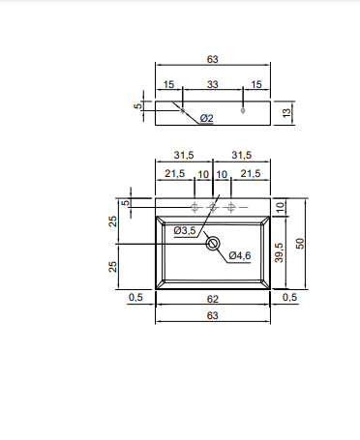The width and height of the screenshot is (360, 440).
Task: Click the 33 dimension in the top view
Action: pyautogui.click(x=213, y=84)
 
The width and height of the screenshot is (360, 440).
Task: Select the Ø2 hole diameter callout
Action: pyautogui.click(x=207, y=118)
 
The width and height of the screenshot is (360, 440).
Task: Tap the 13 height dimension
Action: pyautogui.click(x=286, y=113)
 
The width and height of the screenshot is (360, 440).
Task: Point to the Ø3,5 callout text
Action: pyautogui.click(x=185, y=231)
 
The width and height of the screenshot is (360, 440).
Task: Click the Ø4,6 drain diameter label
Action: pyautogui.click(x=240, y=255)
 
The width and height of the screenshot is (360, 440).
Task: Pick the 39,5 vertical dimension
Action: pyautogui.click(x=280, y=252)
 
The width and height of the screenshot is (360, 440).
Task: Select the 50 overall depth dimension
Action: pyautogui.click(x=300, y=244)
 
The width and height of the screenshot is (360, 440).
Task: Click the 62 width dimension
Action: pyautogui.click(x=213, y=299)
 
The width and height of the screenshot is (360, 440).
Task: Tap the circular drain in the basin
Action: pyautogui.click(x=213, y=244)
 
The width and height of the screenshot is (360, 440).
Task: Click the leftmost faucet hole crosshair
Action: pyautogui.click(x=195, y=207)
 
